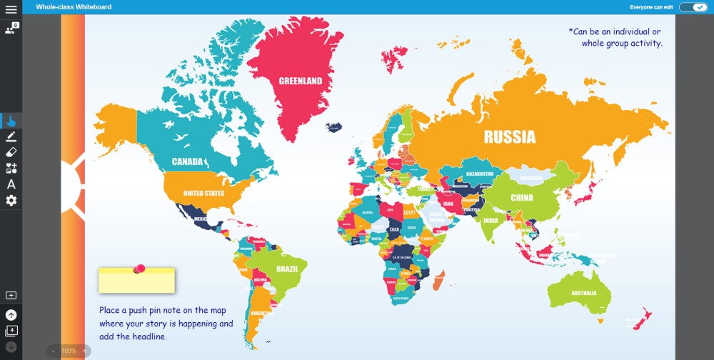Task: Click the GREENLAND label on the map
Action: coord(300,81)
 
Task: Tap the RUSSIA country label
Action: coord(509,136)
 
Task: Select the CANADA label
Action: coord(188,161)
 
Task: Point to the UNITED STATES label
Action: coord(203,193)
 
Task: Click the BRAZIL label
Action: coord(287,269)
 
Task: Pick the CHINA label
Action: coord(522,198)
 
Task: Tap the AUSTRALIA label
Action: coord(583,294)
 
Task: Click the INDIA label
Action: coord(491,221)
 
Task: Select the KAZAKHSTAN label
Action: coord(480,174)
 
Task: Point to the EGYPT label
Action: coord(409,213)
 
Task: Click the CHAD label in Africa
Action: coord(394,229)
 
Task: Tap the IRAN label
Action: coord(448,204)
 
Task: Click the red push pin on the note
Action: coord(140,269)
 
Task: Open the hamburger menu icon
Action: coord(11,9)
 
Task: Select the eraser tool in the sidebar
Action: coord(11,152)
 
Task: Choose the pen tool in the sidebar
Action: coord(11,136)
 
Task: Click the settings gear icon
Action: coord(11,201)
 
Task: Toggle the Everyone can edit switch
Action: coord(692,7)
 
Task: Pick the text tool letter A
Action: coord(11,184)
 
